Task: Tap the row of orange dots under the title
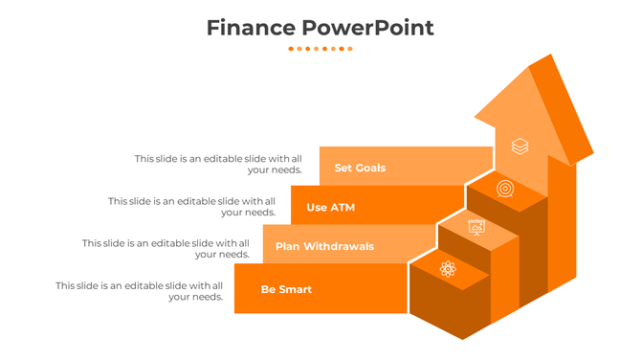coord(320,48)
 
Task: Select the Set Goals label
coord(360,169)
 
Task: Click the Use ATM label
coord(330,208)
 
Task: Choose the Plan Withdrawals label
coord(324,247)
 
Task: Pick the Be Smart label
coord(286,289)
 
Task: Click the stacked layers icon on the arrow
coord(519,146)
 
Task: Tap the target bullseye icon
coord(505,189)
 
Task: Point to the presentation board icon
coord(476,227)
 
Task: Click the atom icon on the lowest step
coord(448,269)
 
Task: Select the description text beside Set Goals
coord(218,164)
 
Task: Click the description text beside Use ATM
coord(191,207)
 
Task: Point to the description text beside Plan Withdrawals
coord(166,249)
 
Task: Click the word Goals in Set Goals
coord(371,169)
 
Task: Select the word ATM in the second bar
coord(343,208)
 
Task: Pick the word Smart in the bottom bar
coord(296,289)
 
